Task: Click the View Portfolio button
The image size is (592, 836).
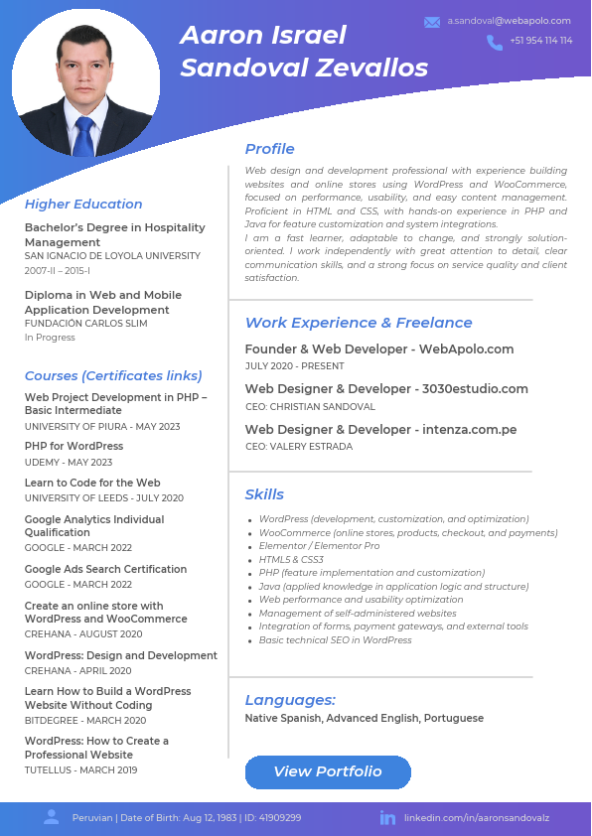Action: coord(328,771)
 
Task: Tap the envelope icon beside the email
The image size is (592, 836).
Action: coord(432,21)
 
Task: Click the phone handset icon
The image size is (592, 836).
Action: coord(495,42)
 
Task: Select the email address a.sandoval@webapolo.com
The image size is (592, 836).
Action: coord(509,21)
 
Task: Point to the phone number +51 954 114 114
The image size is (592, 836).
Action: coord(540,41)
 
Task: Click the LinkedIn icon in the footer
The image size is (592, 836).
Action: coord(387,818)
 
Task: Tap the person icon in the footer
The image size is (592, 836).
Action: coord(52,817)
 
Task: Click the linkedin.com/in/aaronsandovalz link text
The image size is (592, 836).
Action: coord(477,818)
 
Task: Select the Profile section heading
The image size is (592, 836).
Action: coord(269,149)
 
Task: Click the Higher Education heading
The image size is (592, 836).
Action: coord(83,204)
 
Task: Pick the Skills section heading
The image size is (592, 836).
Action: coord(264,494)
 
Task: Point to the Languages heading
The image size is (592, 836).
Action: coord(290,700)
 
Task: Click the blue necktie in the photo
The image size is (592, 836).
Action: coord(84,137)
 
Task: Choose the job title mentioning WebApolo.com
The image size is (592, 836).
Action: coord(379,348)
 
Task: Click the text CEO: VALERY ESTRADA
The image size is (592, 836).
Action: coord(299,447)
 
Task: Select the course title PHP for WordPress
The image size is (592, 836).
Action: coord(74,447)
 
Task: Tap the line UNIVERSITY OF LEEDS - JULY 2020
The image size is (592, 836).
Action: coord(104,497)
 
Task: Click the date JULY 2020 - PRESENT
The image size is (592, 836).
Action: coord(294,366)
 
